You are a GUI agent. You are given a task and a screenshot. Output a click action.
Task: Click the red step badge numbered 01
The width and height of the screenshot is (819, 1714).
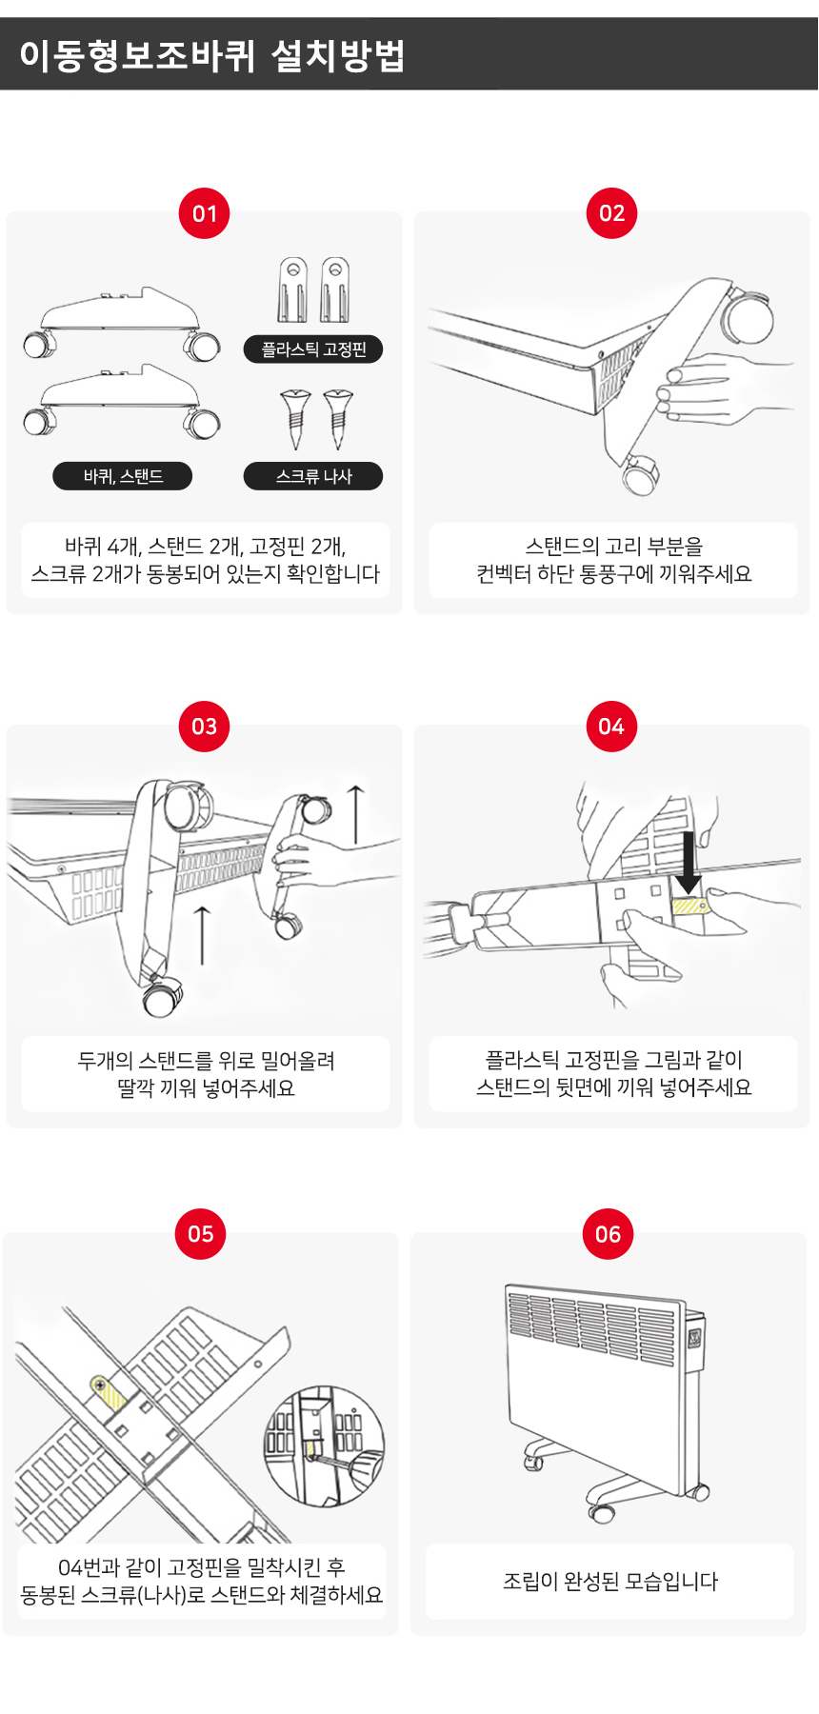point(205,213)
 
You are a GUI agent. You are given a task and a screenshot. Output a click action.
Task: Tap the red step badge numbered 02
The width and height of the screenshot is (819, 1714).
point(611,213)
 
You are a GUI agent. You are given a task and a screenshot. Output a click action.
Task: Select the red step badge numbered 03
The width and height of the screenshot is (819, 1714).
point(205,727)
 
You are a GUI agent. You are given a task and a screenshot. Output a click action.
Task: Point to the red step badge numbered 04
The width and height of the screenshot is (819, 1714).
point(611,727)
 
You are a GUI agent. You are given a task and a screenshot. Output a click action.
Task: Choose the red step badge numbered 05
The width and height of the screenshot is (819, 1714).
point(201,1234)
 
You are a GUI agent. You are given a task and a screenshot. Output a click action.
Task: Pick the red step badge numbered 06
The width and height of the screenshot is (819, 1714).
point(608,1234)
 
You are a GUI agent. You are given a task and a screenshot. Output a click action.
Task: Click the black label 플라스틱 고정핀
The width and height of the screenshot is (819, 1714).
point(313,349)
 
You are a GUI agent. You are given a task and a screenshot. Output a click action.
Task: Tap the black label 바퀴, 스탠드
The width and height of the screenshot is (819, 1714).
point(123,476)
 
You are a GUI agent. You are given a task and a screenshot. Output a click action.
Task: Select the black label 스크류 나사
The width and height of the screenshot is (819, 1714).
point(313,476)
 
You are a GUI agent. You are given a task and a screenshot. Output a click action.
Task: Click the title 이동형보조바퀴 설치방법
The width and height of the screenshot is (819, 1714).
point(211,55)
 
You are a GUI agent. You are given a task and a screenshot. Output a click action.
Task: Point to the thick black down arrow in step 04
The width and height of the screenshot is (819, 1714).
point(688,862)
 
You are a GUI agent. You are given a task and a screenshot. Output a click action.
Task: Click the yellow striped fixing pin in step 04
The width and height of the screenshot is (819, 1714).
point(690,905)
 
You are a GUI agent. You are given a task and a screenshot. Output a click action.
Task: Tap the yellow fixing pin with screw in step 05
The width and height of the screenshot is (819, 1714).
point(108,1393)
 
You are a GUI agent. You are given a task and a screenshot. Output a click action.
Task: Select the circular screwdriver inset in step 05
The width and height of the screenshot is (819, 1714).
point(325,1445)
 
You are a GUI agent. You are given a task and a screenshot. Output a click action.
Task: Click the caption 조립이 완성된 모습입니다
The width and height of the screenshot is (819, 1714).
point(610,1582)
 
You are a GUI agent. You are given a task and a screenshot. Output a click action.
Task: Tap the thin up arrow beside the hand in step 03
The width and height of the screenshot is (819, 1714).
point(355,815)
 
